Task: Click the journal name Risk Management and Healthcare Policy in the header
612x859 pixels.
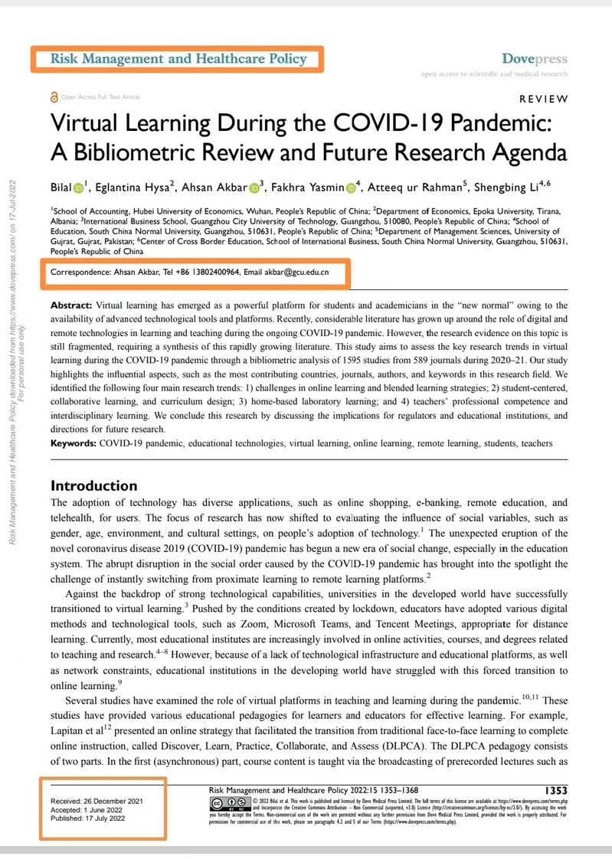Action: (x=178, y=58)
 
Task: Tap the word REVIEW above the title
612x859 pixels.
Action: (x=544, y=99)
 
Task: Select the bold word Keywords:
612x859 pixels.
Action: (x=74, y=443)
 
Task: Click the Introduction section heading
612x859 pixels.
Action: (x=93, y=485)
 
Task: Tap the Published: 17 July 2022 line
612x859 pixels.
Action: (x=89, y=818)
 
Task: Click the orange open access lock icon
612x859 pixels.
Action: (x=53, y=97)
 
